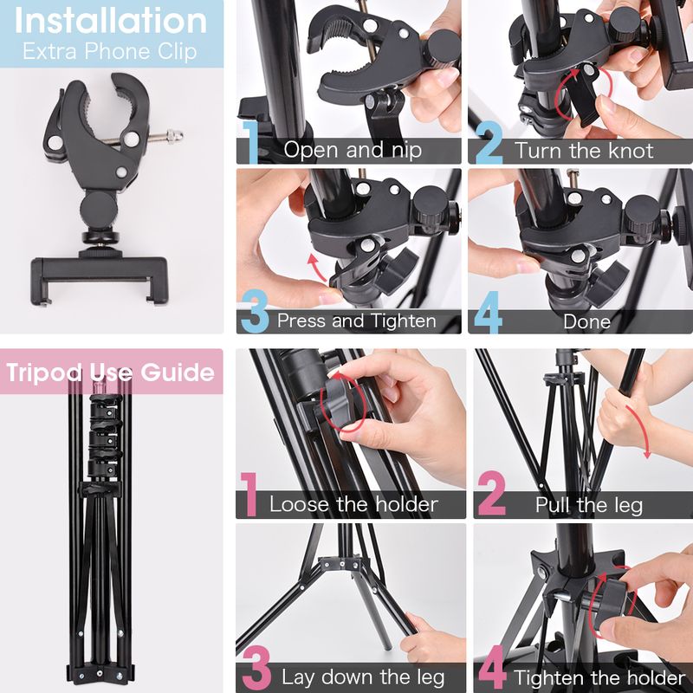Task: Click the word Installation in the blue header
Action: pyautogui.click(x=111, y=21)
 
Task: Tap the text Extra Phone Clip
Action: pyautogui.click(x=110, y=51)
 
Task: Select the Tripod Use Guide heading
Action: pyautogui.click(x=111, y=372)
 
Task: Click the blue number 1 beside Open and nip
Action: pyautogui.click(x=250, y=142)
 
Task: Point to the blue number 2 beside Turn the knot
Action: pyautogui.click(x=489, y=142)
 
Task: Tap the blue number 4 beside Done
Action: pyautogui.click(x=488, y=311)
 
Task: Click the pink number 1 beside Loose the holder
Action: pyautogui.click(x=249, y=494)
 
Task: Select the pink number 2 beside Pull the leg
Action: pyautogui.click(x=491, y=493)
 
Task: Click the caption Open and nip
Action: pyautogui.click(x=353, y=150)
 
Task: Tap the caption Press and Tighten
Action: pyautogui.click(x=357, y=321)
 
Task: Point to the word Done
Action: pyautogui.click(x=587, y=321)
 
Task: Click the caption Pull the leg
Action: pyautogui.click(x=589, y=505)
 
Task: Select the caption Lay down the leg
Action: pyautogui.click(x=363, y=677)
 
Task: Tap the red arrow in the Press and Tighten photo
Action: pyautogui.click(x=316, y=266)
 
